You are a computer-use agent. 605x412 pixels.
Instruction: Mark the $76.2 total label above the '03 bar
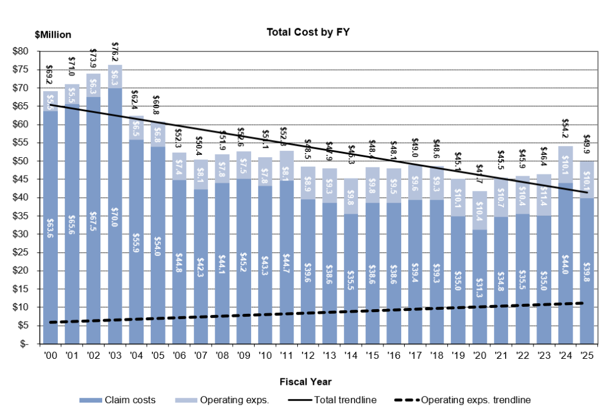tap(115, 52)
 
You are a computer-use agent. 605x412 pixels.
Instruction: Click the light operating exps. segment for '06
tap(180, 166)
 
